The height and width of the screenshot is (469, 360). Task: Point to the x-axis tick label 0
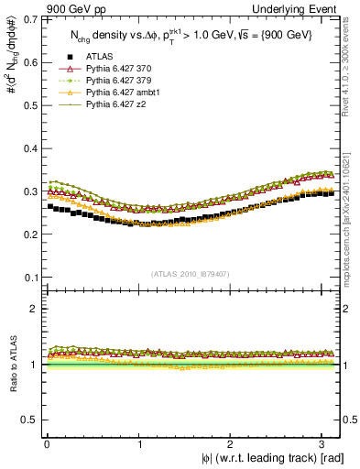pyautogui.click(x=47, y=442)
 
